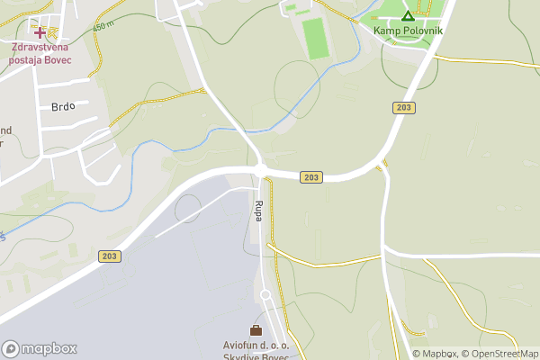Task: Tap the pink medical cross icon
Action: pyautogui.click(x=40, y=32)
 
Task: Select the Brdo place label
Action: pyautogui.click(x=63, y=106)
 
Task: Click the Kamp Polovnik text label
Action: pyautogui.click(x=409, y=29)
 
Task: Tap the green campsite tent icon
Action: pyautogui.click(x=408, y=15)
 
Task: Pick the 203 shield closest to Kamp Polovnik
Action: pyautogui.click(x=403, y=108)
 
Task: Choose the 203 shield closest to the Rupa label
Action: pyautogui.click(x=310, y=178)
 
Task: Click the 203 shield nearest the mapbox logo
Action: pyautogui.click(x=110, y=256)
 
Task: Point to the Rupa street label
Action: pyautogui.click(x=258, y=211)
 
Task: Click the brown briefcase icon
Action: pyautogui.click(x=256, y=330)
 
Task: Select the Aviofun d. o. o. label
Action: pyautogui.click(x=256, y=345)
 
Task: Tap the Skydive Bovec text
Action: pyautogui.click(x=256, y=356)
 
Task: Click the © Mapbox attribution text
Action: pyautogui.click(x=436, y=354)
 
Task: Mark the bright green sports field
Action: pyautogui.click(x=314, y=38)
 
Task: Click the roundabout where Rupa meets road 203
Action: pyautogui.click(x=260, y=169)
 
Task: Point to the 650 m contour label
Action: pyautogui.click(x=104, y=26)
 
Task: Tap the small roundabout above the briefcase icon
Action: pyautogui.click(x=265, y=295)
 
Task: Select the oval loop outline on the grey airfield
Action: pyautogui.click(x=188, y=209)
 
